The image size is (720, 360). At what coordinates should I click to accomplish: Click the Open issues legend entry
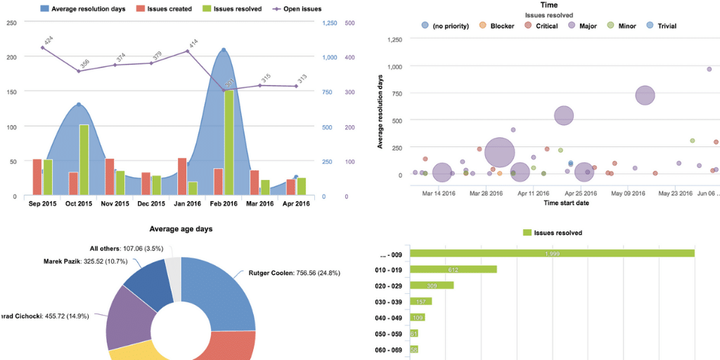coord(299,9)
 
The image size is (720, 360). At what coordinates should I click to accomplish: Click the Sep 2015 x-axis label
coord(41,204)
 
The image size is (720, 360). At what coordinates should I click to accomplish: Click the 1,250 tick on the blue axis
coord(329,22)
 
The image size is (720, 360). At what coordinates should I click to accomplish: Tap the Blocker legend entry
coord(498,26)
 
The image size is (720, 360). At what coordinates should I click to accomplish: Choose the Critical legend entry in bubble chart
coord(541,26)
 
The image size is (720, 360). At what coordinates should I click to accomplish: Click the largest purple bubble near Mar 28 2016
coord(499,151)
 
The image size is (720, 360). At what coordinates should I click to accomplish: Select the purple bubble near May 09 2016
coord(645,96)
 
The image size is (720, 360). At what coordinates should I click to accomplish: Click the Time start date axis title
coord(566,203)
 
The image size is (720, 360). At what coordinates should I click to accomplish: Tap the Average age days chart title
coord(181,229)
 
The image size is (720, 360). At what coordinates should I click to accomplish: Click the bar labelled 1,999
coord(552,254)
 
